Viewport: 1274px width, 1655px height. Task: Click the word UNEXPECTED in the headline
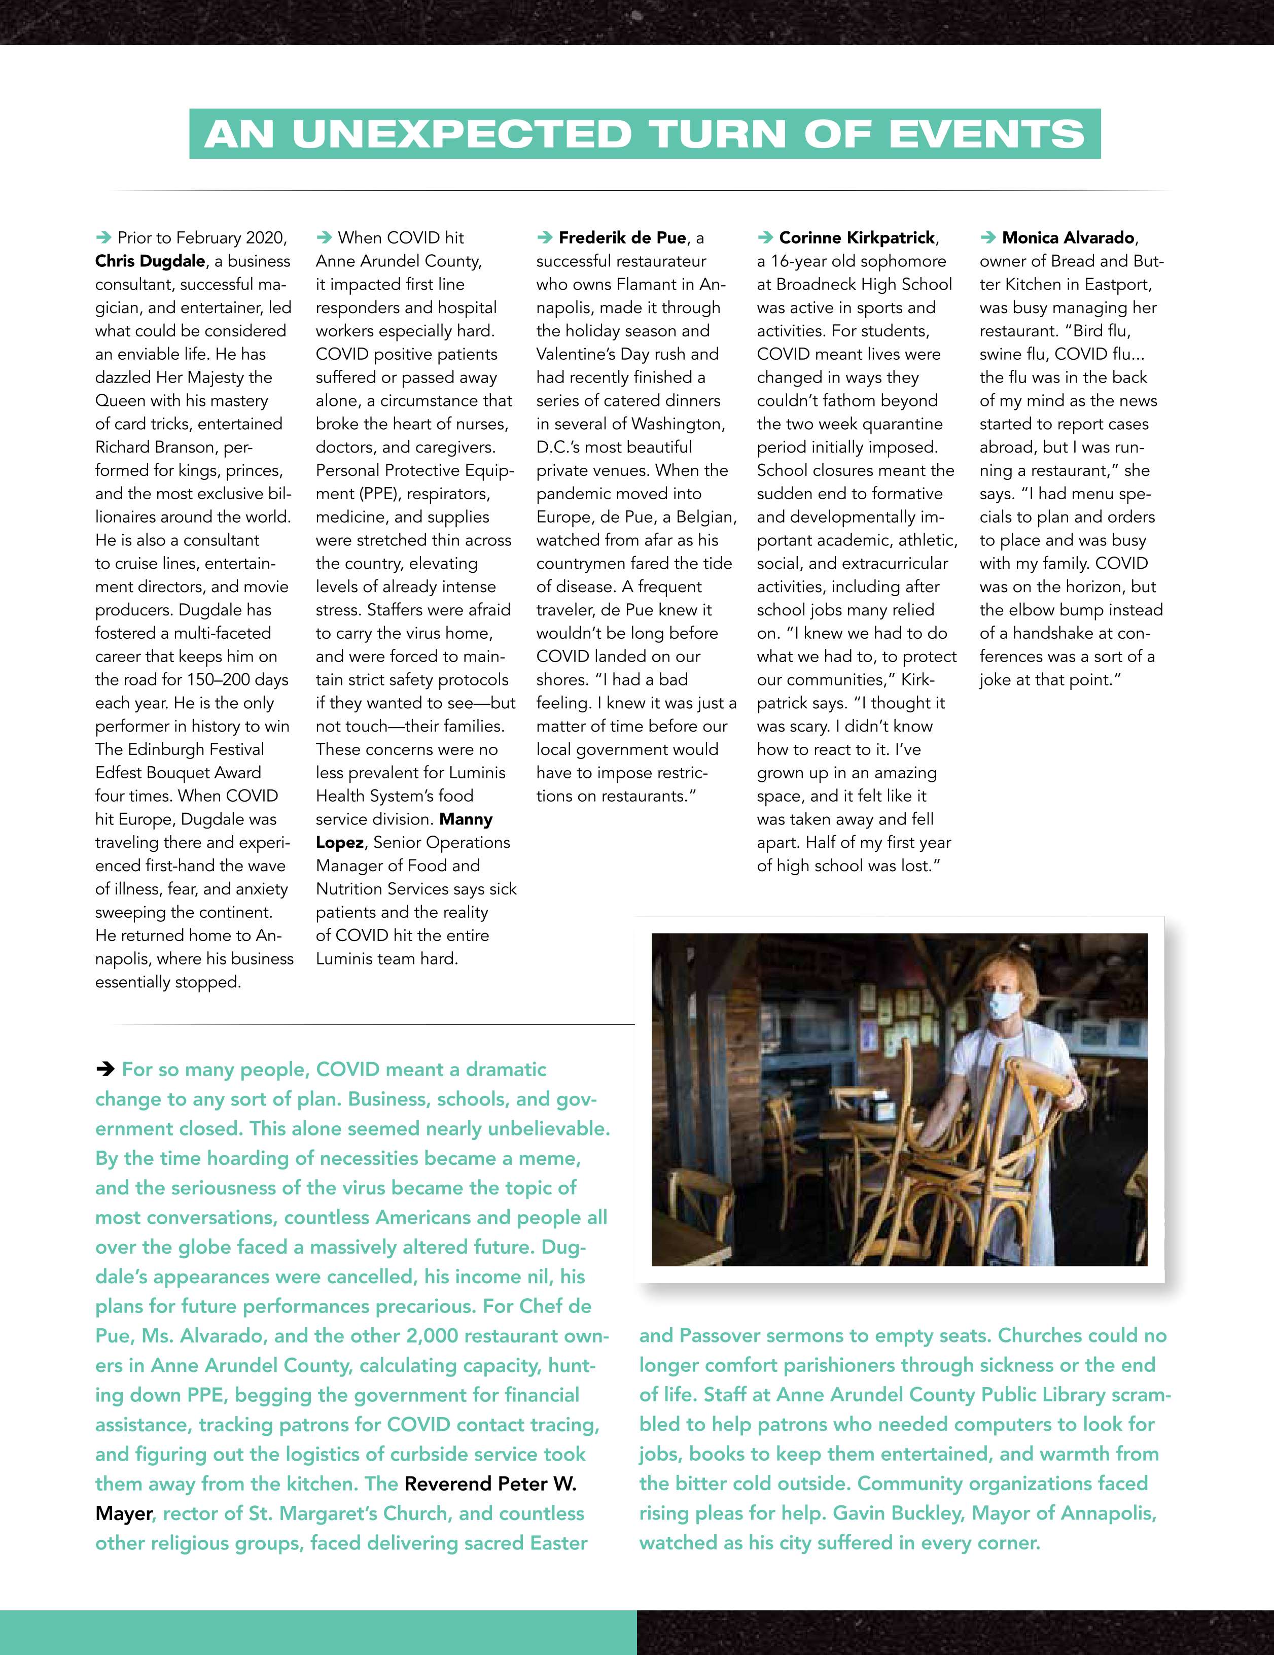tap(462, 134)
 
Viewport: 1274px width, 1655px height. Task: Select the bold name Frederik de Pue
tap(622, 238)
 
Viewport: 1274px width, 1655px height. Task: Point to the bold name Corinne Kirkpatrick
tap(857, 238)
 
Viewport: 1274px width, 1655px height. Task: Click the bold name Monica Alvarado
tap(1068, 238)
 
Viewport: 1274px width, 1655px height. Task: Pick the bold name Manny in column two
tap(466, 819)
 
